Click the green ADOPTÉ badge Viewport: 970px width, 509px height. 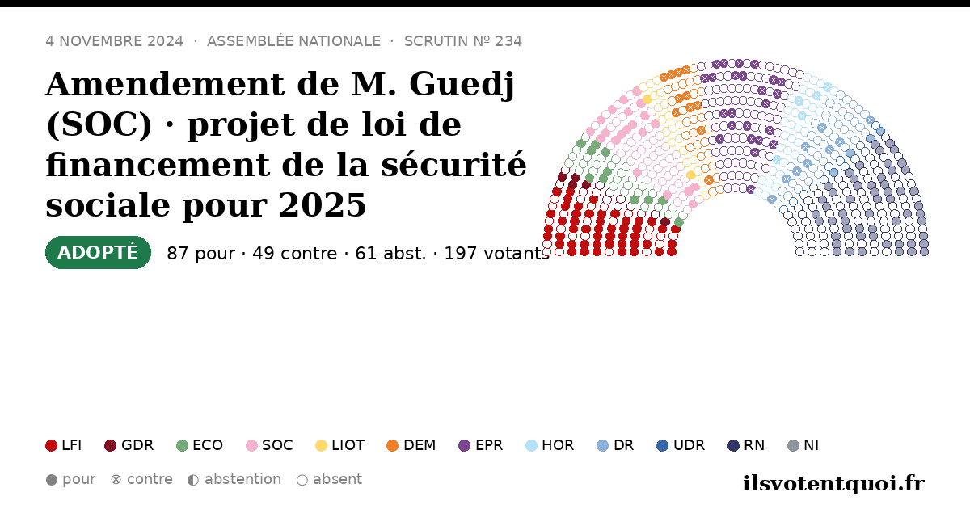tap(98, 252)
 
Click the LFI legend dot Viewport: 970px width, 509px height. tap(51, 445)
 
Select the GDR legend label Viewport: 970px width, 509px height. tap(137, 445)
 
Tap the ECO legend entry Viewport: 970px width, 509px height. tap(200, 445)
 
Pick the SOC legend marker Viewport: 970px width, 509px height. tap(251, 445)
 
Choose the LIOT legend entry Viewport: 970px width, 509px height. tap(340, 445)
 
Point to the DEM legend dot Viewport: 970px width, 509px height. tap(392, 445)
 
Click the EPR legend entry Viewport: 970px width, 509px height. tap(481, 445)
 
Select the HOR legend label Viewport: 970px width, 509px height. tap(558, 445)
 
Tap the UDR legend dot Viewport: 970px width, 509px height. tap(663, 445)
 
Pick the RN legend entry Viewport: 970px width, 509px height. tap(746, 445)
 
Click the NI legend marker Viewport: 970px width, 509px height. tap(793, 445)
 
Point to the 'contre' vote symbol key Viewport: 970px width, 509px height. tap(141, 480)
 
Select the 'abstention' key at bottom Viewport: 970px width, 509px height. tap(234, 480)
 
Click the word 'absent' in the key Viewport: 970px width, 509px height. tap(337, 479)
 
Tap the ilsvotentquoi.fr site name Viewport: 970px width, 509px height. tap(833, 483)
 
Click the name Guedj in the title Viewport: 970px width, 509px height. tap(462, 84)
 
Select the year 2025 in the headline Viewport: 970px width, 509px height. tap(323, 204)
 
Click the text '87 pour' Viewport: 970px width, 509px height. tap(201, 253)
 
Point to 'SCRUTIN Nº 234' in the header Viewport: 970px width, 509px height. tap(463, 41)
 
